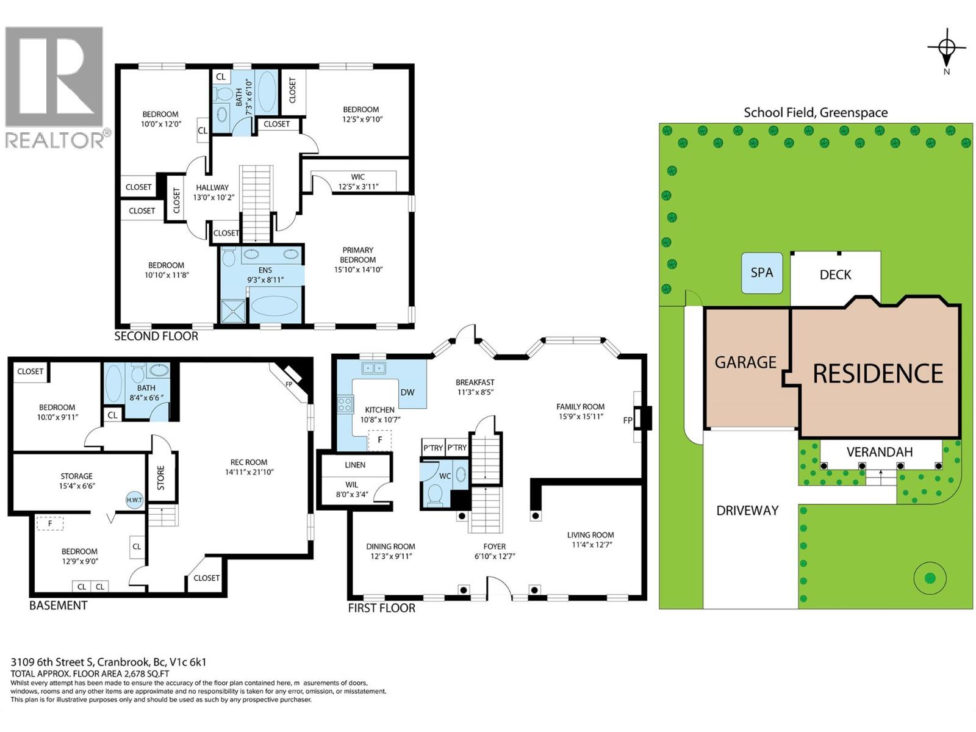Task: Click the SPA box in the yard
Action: click(762, 273)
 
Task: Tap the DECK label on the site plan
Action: click(835, 274)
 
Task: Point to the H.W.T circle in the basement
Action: click(134, 500)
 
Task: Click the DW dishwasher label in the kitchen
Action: click(407, 392)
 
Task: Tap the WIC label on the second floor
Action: click(358, 177)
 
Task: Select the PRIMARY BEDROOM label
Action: click(358, 254)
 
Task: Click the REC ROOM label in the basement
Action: click(249, 462)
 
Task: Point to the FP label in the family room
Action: click(628, 420)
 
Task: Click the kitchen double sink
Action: click(373, 368)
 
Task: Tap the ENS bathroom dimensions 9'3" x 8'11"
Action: click(265, 280)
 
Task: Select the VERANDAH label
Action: click(880, 452)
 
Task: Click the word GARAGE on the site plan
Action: click(745, 362)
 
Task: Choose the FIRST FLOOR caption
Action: click(381, 608)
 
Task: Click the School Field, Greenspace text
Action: click(816, 112)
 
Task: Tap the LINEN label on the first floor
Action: click(355, 465)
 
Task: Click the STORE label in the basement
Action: click(160, 478)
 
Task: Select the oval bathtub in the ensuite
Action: click(274, 306)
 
